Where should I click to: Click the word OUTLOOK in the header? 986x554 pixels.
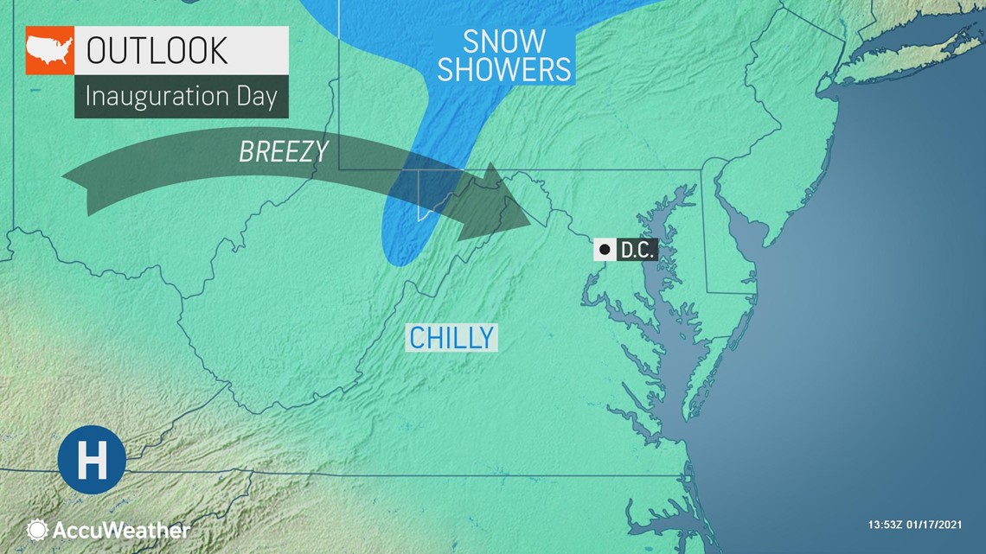coord(157,50)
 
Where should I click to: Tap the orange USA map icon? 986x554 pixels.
coord(49,50)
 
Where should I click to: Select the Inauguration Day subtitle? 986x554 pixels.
coord(181,96)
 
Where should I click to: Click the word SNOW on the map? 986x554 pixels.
coord(504,41)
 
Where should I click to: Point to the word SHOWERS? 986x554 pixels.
coord(504,69)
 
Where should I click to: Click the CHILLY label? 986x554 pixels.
coord(451,337)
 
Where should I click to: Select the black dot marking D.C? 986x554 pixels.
coord(605,250)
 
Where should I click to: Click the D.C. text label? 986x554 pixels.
coord(636,251)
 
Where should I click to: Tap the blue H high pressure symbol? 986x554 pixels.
coord(92,460)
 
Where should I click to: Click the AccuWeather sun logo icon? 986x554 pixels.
coord(37,530)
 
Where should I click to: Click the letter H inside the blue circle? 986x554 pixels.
coord(92,460)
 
